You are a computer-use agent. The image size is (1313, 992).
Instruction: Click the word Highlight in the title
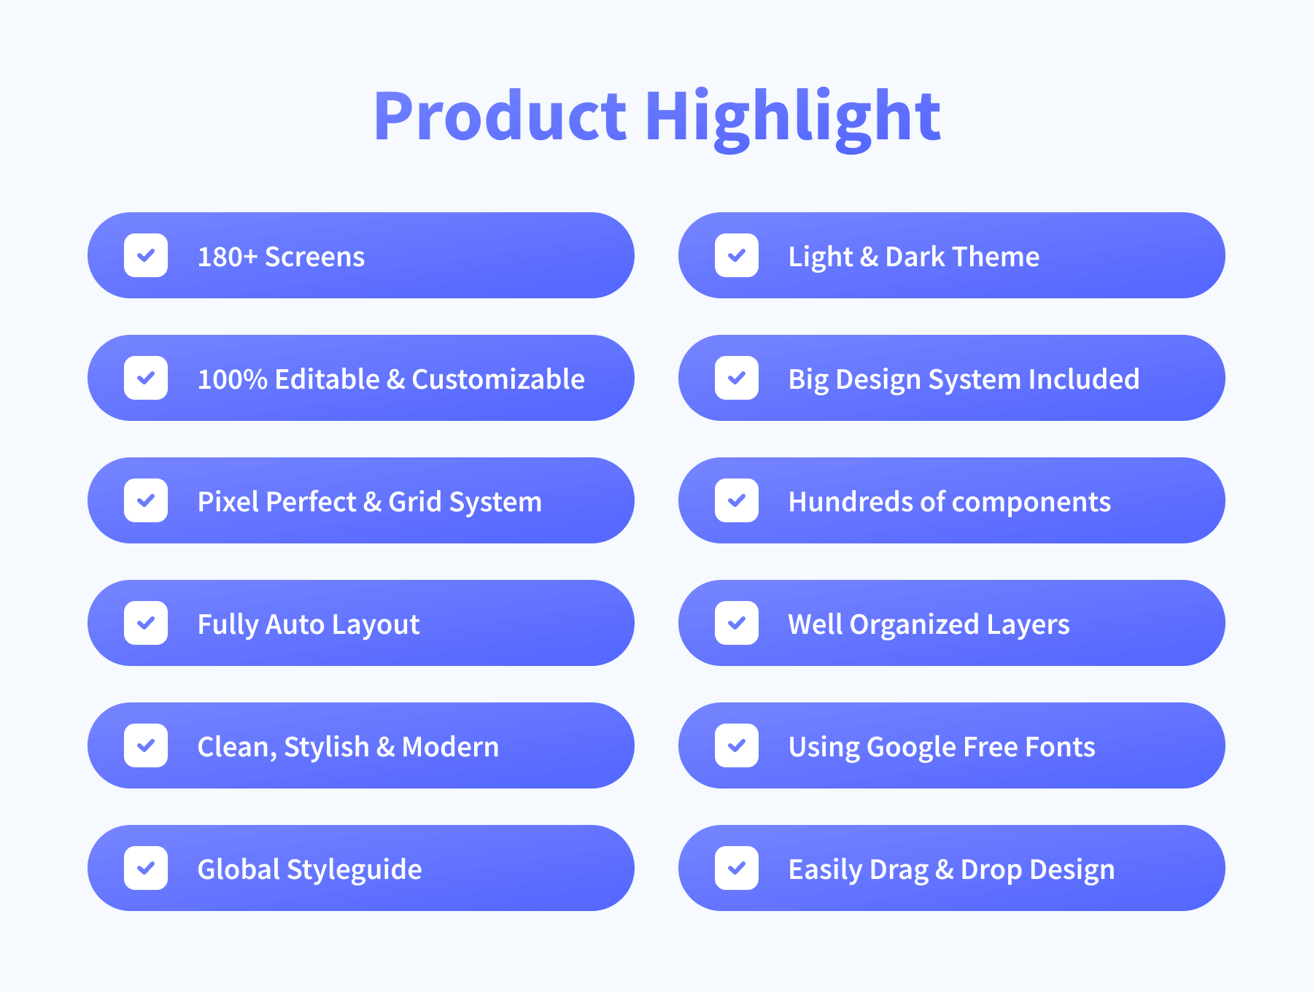pos(793,119)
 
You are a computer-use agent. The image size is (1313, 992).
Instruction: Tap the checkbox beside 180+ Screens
pos(146,255)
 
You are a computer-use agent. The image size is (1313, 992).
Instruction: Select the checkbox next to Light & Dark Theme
pos(737,255)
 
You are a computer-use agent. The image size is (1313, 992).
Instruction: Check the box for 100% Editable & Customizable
pos(146,378)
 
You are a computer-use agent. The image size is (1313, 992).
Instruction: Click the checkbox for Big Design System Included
pos(737,378)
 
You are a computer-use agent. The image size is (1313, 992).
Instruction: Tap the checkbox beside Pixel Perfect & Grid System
pos(146,500)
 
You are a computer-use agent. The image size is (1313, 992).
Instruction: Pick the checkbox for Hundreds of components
pos(737,500)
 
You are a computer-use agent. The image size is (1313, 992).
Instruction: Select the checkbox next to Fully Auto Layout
pos(146,623)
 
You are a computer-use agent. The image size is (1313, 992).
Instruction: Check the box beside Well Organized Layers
pos(737,623)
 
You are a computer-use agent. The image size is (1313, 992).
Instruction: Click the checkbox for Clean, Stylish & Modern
pos(146,745)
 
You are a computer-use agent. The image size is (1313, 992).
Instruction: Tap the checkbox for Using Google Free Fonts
pos(737,745)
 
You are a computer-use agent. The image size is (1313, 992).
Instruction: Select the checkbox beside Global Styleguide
pos(146,868)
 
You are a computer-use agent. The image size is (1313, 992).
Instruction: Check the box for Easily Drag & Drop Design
pos(737,868)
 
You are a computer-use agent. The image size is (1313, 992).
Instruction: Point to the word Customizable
pos(498,379)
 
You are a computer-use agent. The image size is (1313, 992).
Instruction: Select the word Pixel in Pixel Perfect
pos(227,502)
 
